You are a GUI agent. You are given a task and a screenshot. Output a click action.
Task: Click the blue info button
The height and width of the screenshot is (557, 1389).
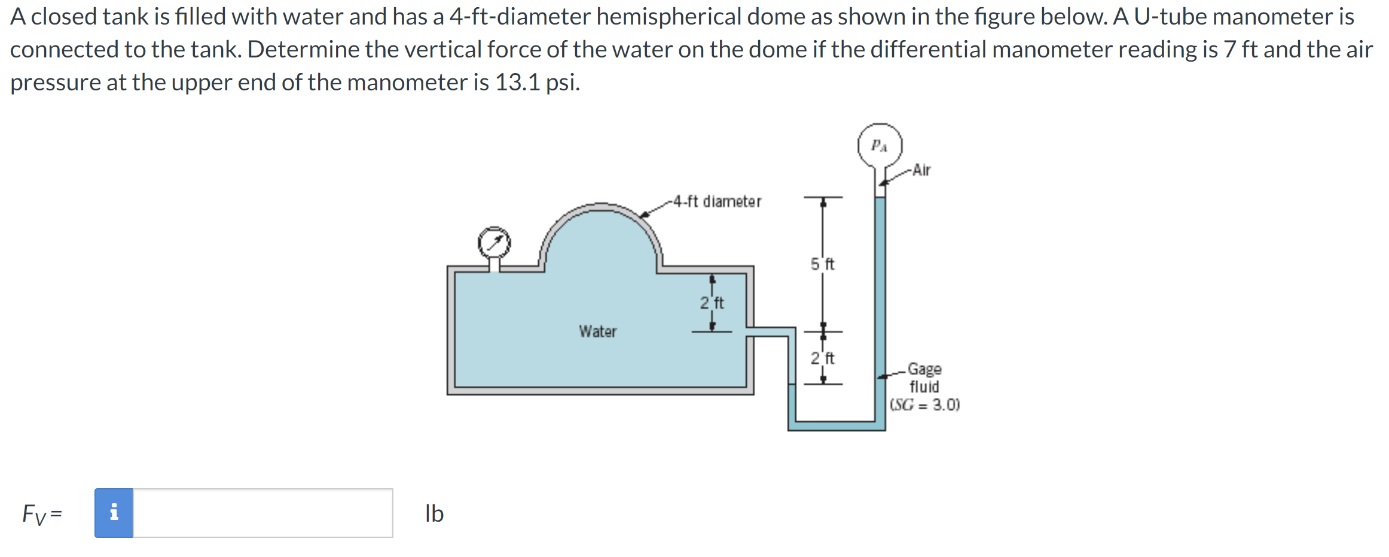[x=114, y=513]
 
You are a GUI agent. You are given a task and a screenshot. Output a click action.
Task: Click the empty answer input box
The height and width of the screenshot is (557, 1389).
[x=262, y=513]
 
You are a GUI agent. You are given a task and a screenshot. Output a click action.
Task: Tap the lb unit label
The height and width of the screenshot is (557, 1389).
[x=434, y=513]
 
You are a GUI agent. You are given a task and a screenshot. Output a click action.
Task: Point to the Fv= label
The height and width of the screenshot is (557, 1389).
[x=42, y=514]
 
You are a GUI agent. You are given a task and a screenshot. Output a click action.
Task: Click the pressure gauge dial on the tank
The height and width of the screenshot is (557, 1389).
[x=494, y=243]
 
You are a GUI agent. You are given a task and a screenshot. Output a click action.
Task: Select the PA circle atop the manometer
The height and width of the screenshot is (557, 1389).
[x=880, y=145]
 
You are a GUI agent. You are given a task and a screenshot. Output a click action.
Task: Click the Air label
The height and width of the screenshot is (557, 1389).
[x=921, y=171]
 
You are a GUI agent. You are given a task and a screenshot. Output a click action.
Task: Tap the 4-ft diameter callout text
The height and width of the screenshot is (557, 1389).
[x=717, y=202]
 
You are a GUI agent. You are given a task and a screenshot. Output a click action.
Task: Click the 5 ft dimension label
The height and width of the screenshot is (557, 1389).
[x=822, y=264]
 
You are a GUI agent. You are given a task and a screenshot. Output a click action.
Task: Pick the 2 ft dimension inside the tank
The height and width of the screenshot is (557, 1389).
[x=712, y=303]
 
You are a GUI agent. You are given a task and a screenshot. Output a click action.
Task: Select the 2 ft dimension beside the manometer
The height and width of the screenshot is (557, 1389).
[x=822, y=358]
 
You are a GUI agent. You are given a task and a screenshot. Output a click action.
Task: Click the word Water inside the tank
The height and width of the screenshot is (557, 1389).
[x=597, y=331]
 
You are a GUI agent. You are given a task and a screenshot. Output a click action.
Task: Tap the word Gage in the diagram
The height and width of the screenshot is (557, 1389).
[x=924, y=369]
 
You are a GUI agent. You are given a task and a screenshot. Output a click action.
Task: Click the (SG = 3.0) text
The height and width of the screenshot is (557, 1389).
[x=924, y=405]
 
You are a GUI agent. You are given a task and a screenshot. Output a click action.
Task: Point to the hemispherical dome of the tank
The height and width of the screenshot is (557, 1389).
[x=602, y=239]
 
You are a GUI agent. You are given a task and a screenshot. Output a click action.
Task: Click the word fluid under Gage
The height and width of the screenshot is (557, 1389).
[x=924, y=386]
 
